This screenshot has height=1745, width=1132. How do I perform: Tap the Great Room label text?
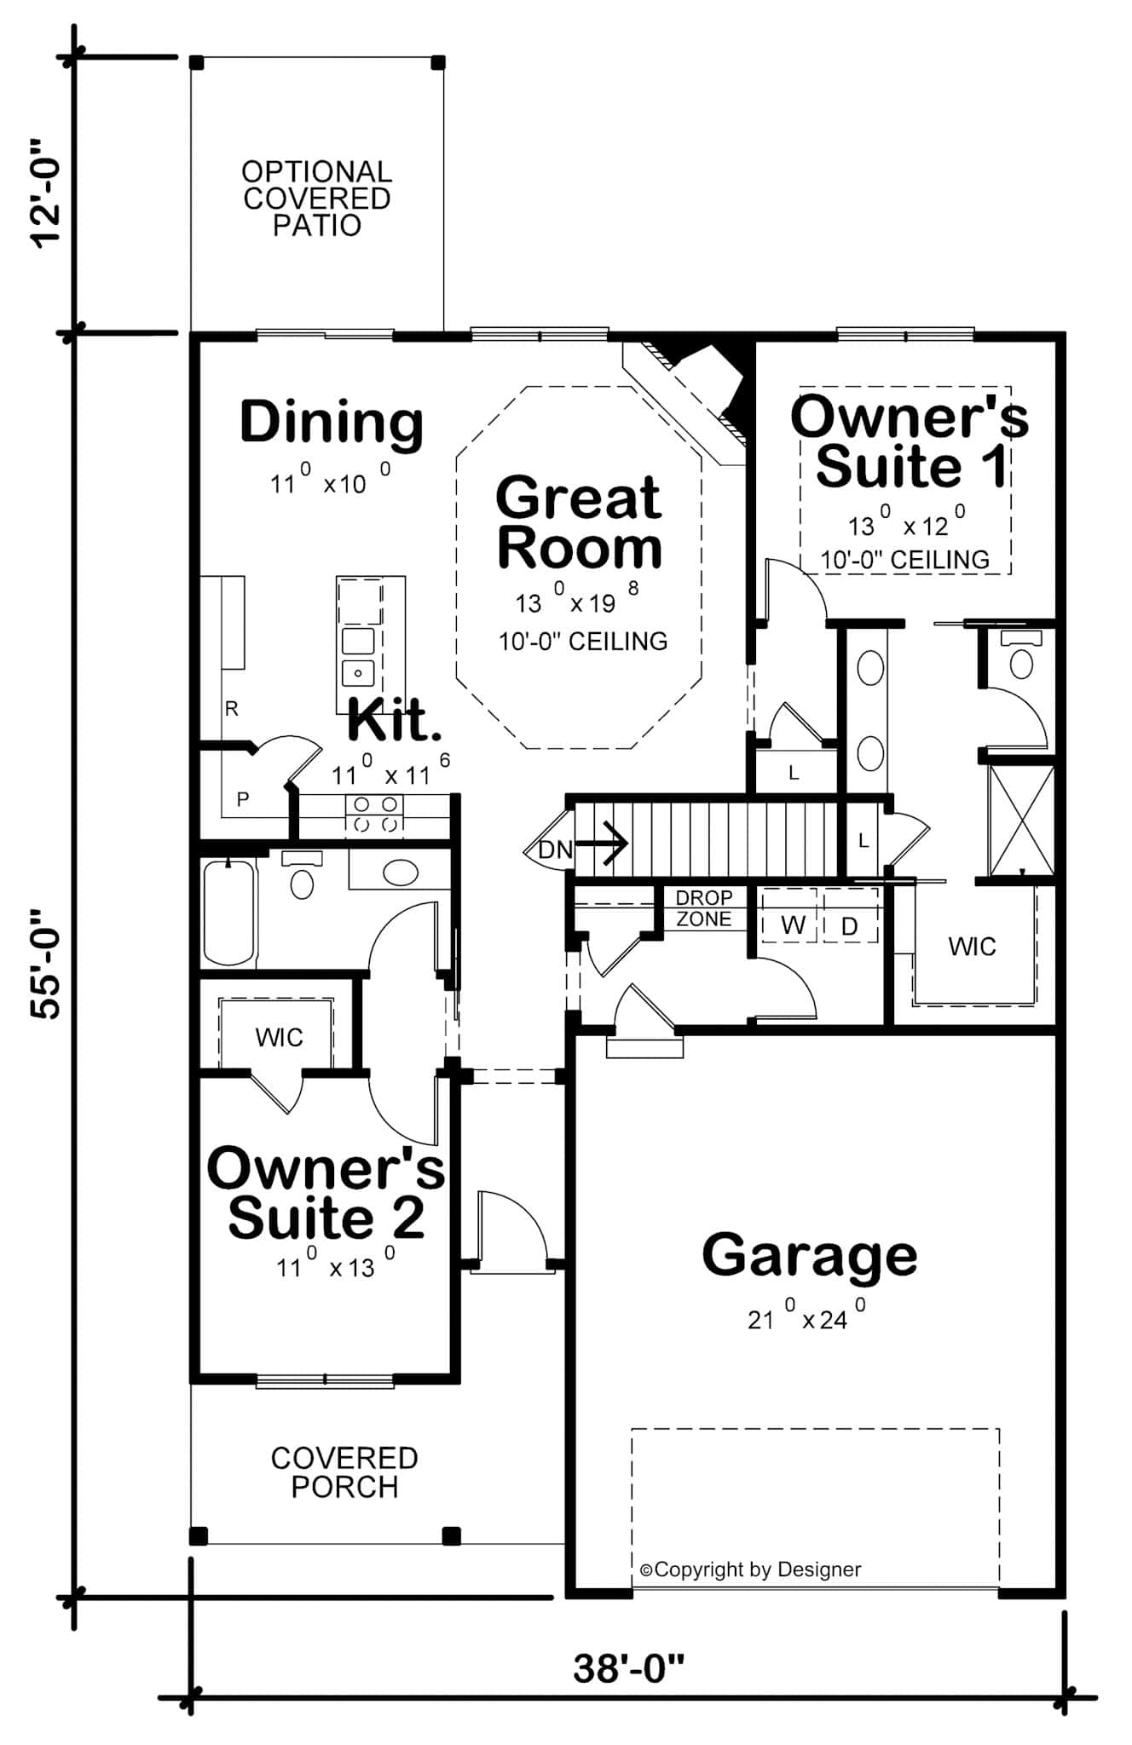coord(579,522)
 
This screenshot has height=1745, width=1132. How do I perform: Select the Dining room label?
coord(332,422)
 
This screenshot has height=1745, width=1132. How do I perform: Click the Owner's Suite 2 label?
coord(326,1193)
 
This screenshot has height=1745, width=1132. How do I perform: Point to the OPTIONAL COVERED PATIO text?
coord(316,199)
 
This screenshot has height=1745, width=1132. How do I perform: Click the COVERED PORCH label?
coord(344,1471)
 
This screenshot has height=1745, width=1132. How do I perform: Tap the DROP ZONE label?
coord(703,908)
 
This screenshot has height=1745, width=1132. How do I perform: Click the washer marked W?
coord(793,926)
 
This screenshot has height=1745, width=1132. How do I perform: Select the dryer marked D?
coord(849,927)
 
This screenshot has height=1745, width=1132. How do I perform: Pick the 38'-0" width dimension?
coord(629,1668)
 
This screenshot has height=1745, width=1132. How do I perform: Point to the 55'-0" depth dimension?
coord(46,964)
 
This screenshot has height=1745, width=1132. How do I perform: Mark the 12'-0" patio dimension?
coord(46,193)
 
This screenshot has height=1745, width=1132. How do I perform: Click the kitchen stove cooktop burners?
coord(375,814)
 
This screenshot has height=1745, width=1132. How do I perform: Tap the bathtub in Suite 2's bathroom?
coord(229,912)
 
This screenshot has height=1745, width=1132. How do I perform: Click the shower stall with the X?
coord(1020,821)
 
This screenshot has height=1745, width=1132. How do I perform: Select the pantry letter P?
coord(243,799)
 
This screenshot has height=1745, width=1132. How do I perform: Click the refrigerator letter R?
coord(232,709)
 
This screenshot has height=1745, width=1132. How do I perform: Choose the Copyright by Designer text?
coord(750,1569)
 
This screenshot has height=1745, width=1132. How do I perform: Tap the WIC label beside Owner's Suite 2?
coord(279,1038)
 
